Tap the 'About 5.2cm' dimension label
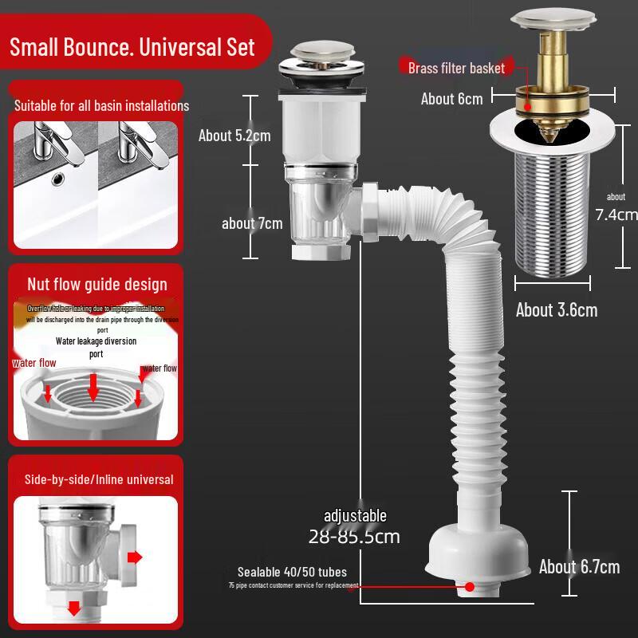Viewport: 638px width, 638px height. (234, 136)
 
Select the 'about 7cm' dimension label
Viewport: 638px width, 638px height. (252, 223)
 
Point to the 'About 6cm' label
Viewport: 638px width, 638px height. (452, 99)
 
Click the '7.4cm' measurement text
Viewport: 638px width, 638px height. (616, 214)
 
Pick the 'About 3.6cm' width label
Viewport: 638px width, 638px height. (557, 310)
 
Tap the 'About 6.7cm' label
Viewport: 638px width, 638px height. (579, 567)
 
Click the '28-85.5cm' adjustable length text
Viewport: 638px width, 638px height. (354, 536)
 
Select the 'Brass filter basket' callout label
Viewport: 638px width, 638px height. (456, 68)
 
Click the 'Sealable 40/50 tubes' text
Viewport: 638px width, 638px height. (292, 572)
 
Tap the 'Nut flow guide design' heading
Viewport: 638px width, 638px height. (97, 284)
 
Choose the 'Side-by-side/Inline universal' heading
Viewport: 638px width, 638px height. (99, 479)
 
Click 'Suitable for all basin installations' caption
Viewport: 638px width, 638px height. (102, 105)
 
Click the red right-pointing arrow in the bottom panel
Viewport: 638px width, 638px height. (135, 556)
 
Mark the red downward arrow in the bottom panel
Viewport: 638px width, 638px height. (74, 608)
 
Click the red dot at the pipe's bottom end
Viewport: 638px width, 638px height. (470, 586)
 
